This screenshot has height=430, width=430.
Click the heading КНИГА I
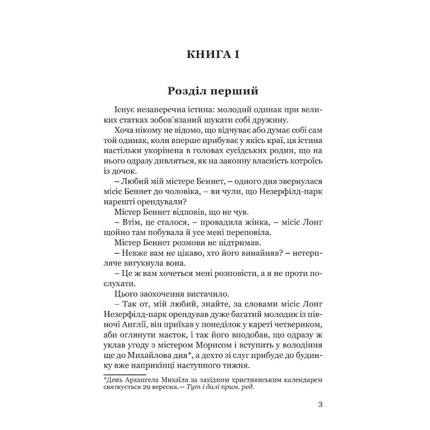[213, 54]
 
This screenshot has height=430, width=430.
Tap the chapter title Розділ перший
[213, 91]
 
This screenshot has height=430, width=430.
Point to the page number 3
[320, 405]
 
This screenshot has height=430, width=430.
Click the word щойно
[119, 233]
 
